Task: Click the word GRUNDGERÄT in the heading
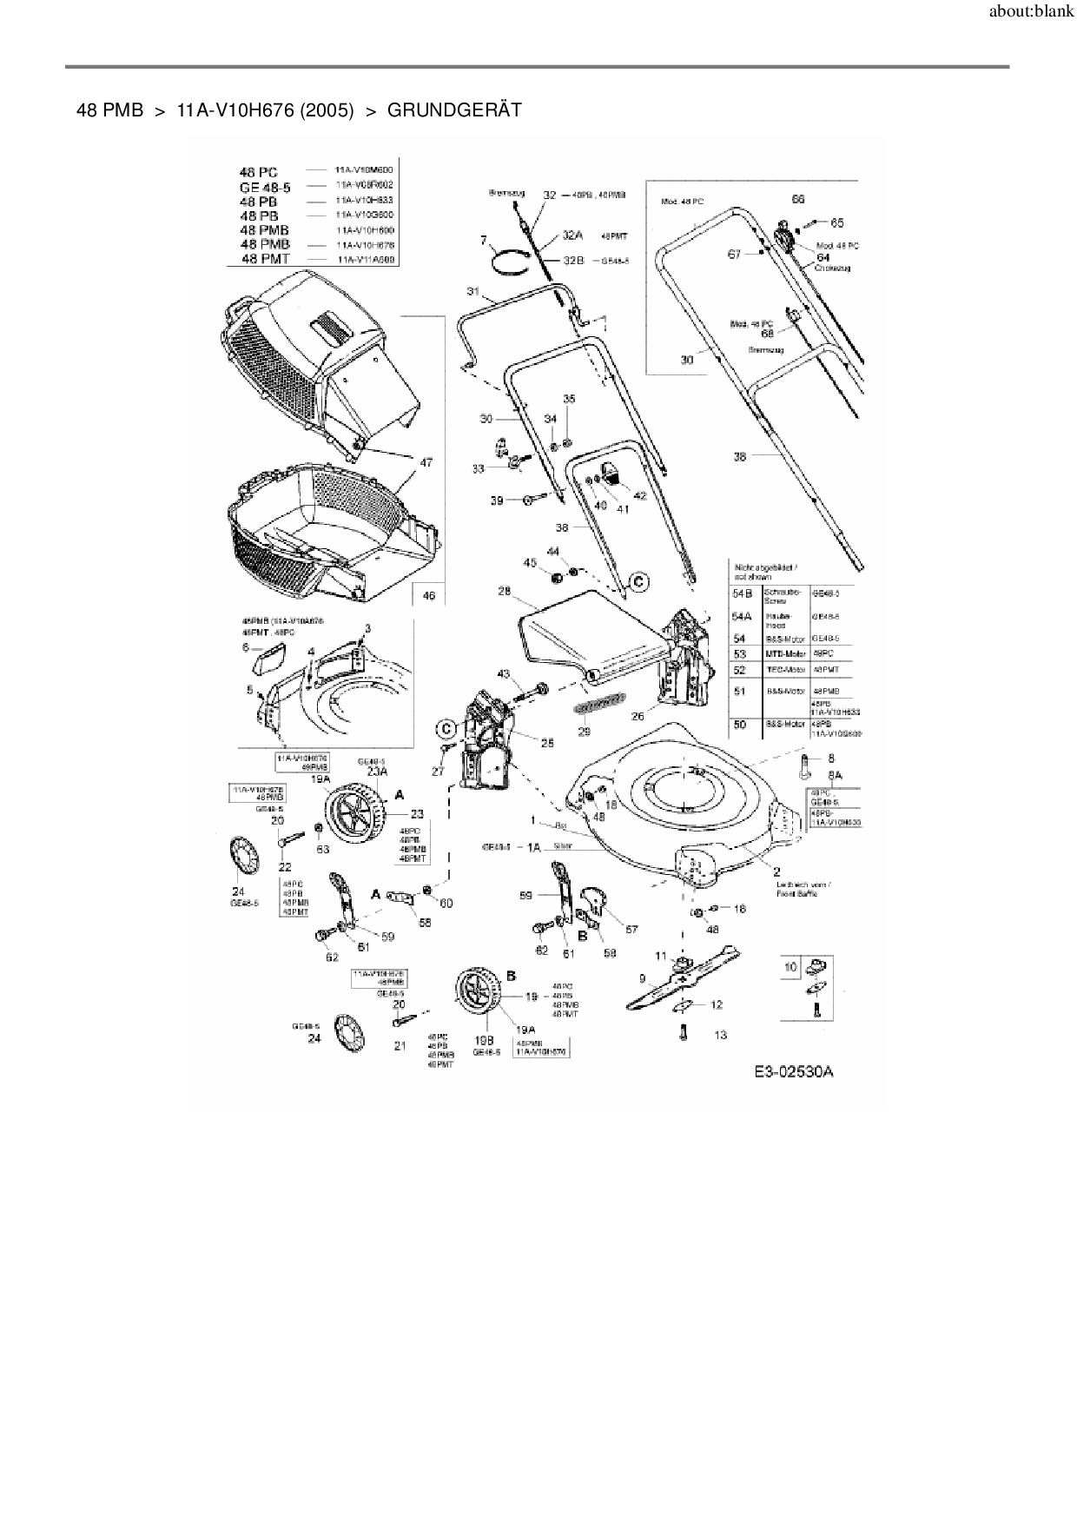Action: pos(454,110)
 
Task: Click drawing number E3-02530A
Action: pos(793,1071)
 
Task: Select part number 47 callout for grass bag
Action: pos(426,463)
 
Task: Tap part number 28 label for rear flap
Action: pos(504,591)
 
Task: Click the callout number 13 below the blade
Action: pos(720,1035)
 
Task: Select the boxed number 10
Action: pos(790,967)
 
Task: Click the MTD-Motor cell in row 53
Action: pos(786,653)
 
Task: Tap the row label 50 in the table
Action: pos(740,724)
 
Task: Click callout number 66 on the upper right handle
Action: pos(798,199)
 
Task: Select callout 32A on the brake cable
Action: pos(572,235)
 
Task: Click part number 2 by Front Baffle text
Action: pos(776,871)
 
